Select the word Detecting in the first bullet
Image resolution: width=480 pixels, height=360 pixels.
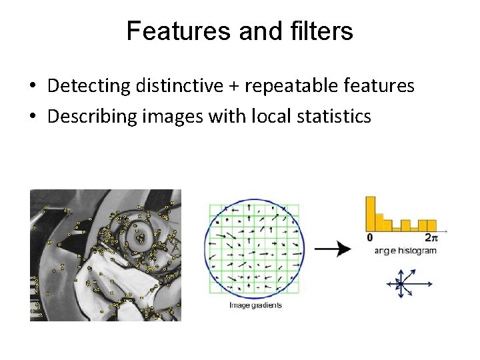[x=88, y=86]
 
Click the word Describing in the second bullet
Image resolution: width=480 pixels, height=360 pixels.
[x=90, y=117]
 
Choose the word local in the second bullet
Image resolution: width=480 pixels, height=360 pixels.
[x=269, y=117]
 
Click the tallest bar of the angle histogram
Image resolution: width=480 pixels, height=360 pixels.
[x=370, y=213]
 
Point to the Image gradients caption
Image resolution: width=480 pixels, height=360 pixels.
[x=255, y=305]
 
